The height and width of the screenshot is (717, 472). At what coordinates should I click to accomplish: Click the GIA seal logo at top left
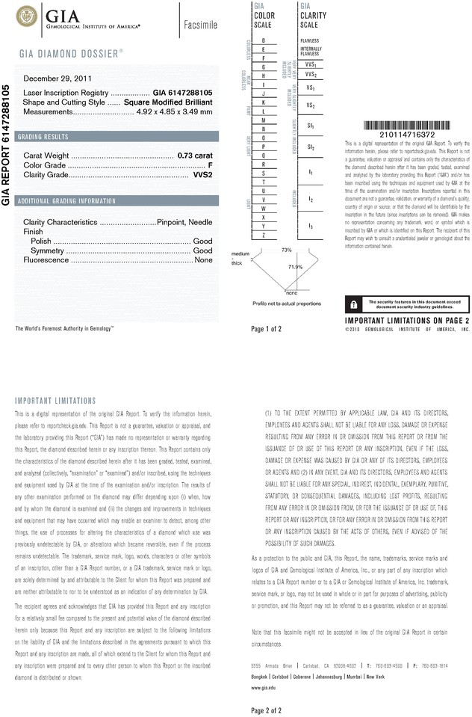[x=26, y=15]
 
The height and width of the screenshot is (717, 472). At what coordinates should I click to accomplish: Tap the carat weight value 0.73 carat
[x=194, y=154]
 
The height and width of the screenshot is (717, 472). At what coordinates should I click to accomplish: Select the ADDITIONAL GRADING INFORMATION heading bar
[x=67, y=201]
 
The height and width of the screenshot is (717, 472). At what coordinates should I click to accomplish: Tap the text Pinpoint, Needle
[x=185, y=222]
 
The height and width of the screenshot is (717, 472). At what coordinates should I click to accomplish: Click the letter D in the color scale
[x=264, y=40]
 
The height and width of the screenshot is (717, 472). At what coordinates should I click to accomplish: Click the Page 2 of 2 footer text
[x=267, y=710]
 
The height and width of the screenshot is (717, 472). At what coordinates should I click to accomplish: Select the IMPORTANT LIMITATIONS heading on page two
[x=55, y=401]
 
